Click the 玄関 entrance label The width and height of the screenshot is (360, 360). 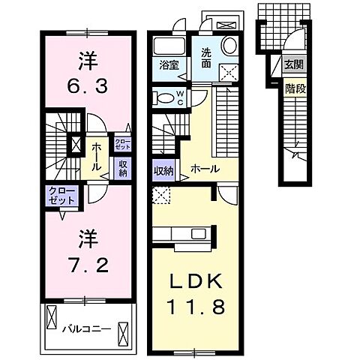click(x=293, y=64)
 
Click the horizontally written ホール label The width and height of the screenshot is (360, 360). click(x=204, y=169)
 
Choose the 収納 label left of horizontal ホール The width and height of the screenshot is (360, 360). click(x=163, y=171)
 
